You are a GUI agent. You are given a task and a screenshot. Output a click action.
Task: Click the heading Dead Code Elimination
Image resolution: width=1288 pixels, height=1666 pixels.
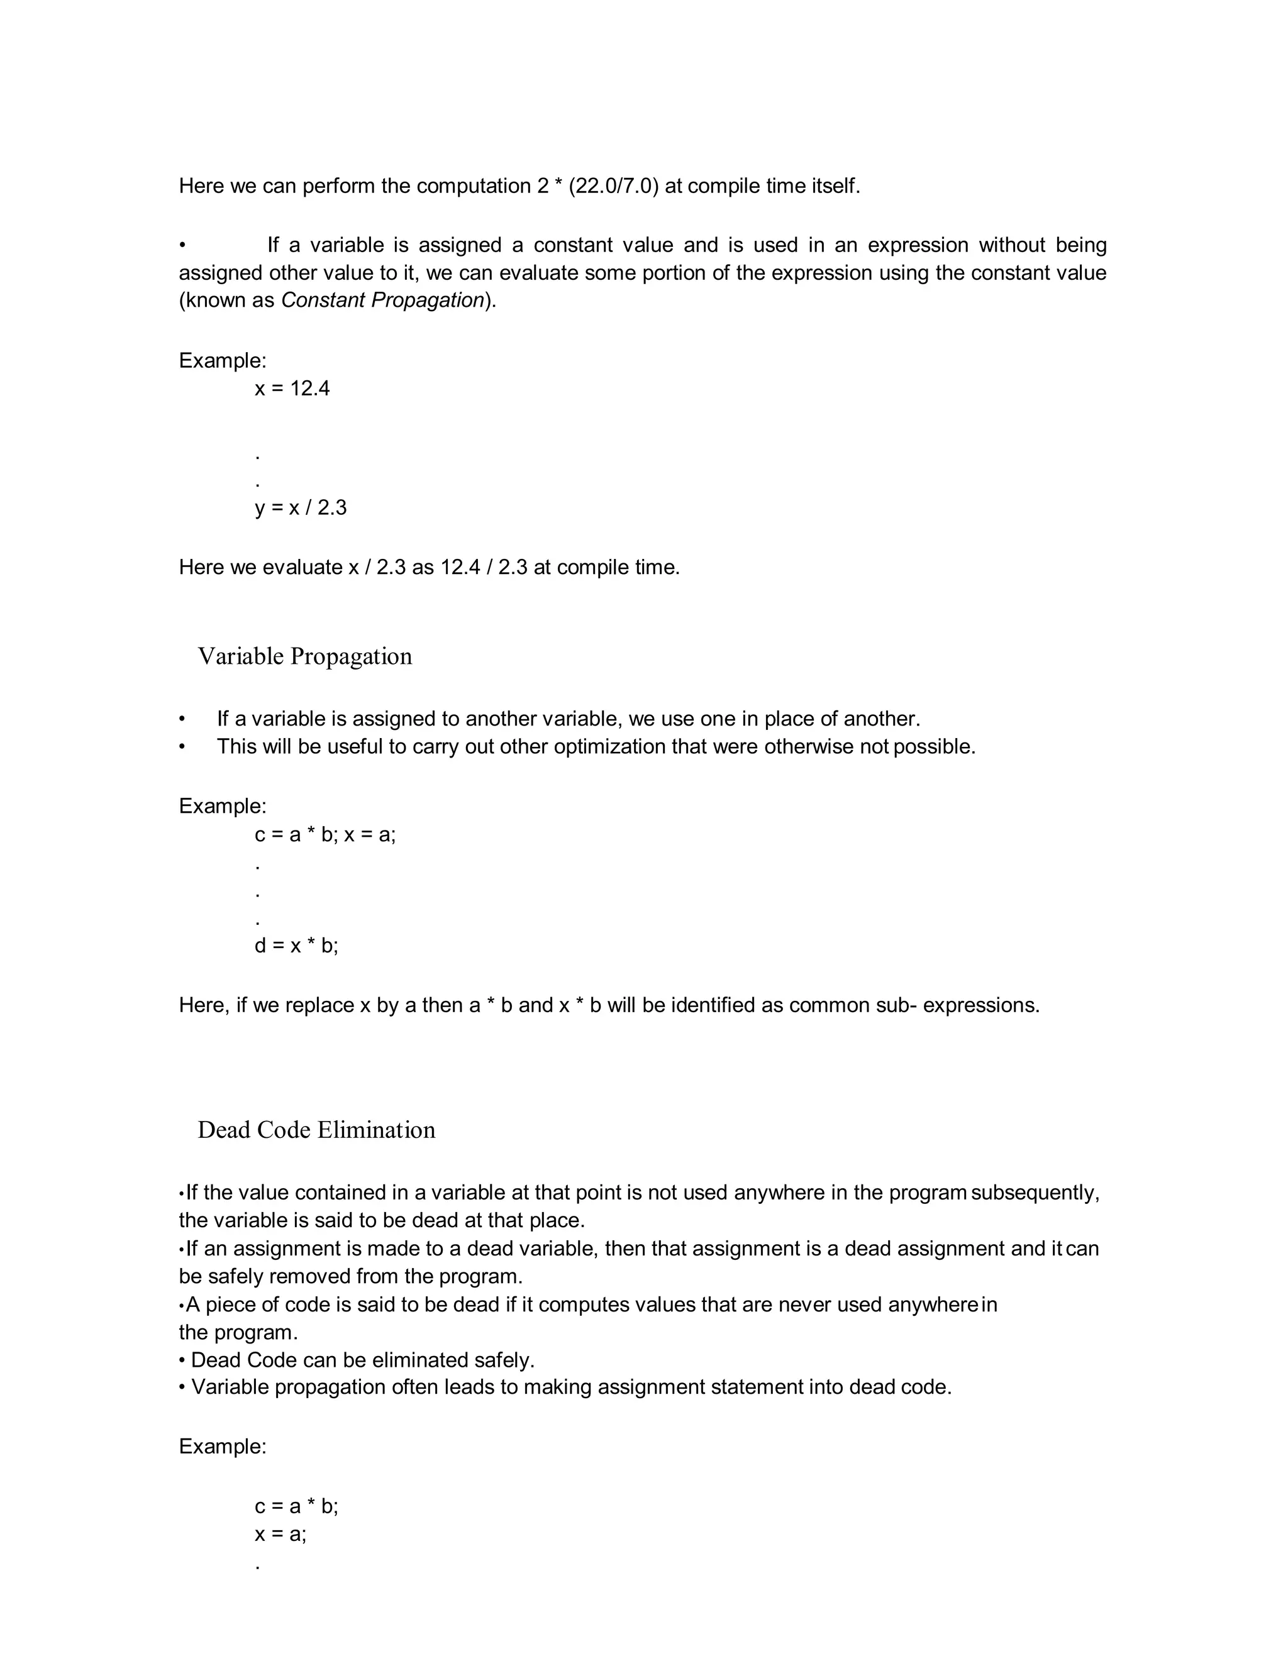(x=316, y=1130)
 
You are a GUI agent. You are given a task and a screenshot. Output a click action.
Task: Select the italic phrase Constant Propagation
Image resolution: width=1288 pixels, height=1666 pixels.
(x=382, y=301)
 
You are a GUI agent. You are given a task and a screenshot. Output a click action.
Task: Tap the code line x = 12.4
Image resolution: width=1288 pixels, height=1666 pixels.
(x=292, y=389)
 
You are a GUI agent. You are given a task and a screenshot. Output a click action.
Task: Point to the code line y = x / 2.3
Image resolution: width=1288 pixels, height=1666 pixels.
(x=301, y=508)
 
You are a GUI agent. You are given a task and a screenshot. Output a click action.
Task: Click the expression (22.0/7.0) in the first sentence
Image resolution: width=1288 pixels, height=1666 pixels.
(x=613, y=186)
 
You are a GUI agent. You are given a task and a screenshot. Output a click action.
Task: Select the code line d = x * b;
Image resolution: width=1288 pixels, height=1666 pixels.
(x=296, y=946)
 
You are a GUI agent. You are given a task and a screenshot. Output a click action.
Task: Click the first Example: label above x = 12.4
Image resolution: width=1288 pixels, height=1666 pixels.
(x=223, y=361)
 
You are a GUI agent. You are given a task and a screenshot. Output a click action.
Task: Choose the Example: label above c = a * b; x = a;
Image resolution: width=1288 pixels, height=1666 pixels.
(x=223, y=807)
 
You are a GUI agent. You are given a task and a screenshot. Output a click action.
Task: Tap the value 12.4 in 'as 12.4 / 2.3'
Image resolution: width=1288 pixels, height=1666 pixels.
(x=460, y=568)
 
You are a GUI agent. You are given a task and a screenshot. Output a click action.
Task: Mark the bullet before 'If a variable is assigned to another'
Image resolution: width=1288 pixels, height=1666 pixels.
(x=182, y=719)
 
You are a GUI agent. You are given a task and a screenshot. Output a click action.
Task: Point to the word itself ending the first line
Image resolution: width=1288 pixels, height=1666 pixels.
(x=836, y=186)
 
